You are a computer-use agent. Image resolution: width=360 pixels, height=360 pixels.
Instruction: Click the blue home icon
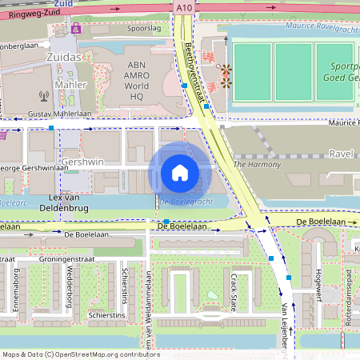tap(179, 173)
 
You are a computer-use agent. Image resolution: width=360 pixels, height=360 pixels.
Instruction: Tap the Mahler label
tap(70, 84)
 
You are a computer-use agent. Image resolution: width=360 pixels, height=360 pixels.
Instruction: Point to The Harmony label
tap(257, 164)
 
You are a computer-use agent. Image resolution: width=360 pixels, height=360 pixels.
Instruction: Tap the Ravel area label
tap(341, 153)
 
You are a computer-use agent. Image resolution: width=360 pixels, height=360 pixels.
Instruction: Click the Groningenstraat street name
tap(60, 260)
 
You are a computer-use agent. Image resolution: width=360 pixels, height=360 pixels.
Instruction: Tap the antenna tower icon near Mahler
tap(43, 97)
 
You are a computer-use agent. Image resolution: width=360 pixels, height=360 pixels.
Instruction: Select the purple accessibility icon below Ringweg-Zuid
tap(77, 28)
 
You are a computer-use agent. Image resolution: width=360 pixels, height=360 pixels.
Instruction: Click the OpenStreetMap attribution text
tap(81, 354)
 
